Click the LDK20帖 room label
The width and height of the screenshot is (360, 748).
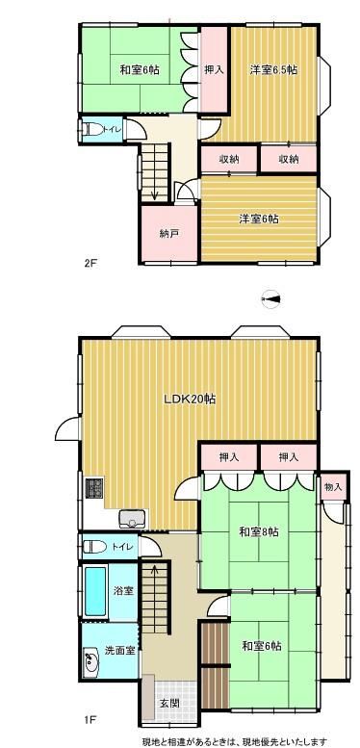pos(190,399)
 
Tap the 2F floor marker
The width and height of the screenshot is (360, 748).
pos(90,263)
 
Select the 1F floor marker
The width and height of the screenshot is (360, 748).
pos(90,718)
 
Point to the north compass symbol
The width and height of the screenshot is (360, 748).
pos(270,299)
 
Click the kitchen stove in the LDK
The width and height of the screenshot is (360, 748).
pos(94,488)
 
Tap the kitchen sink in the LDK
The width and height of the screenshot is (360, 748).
pos(131,519)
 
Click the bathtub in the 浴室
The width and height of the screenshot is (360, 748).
pos(95,590)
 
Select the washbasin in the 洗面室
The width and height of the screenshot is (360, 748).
pos(90,660)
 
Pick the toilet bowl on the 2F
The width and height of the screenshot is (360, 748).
pos(93,129)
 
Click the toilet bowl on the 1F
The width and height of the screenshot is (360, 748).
pos(95,547)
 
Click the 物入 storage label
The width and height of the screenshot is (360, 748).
pos(333,487)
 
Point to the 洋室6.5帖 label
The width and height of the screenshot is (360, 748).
pos(274,69)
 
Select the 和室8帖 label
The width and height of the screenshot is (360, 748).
pos(259,532)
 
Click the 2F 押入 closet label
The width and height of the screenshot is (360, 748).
pos(214,69)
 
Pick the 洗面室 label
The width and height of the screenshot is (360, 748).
pos(119,650)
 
